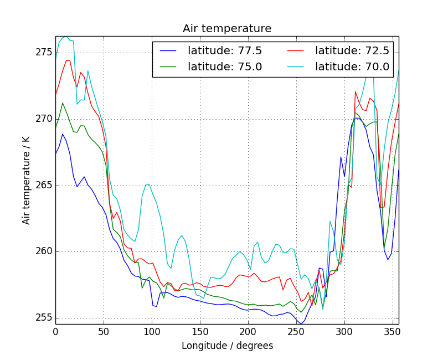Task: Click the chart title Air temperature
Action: point(227,29)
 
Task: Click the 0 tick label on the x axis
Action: point(55,331)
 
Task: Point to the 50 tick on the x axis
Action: point(104,331)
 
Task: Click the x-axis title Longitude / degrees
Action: point(227,346)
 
